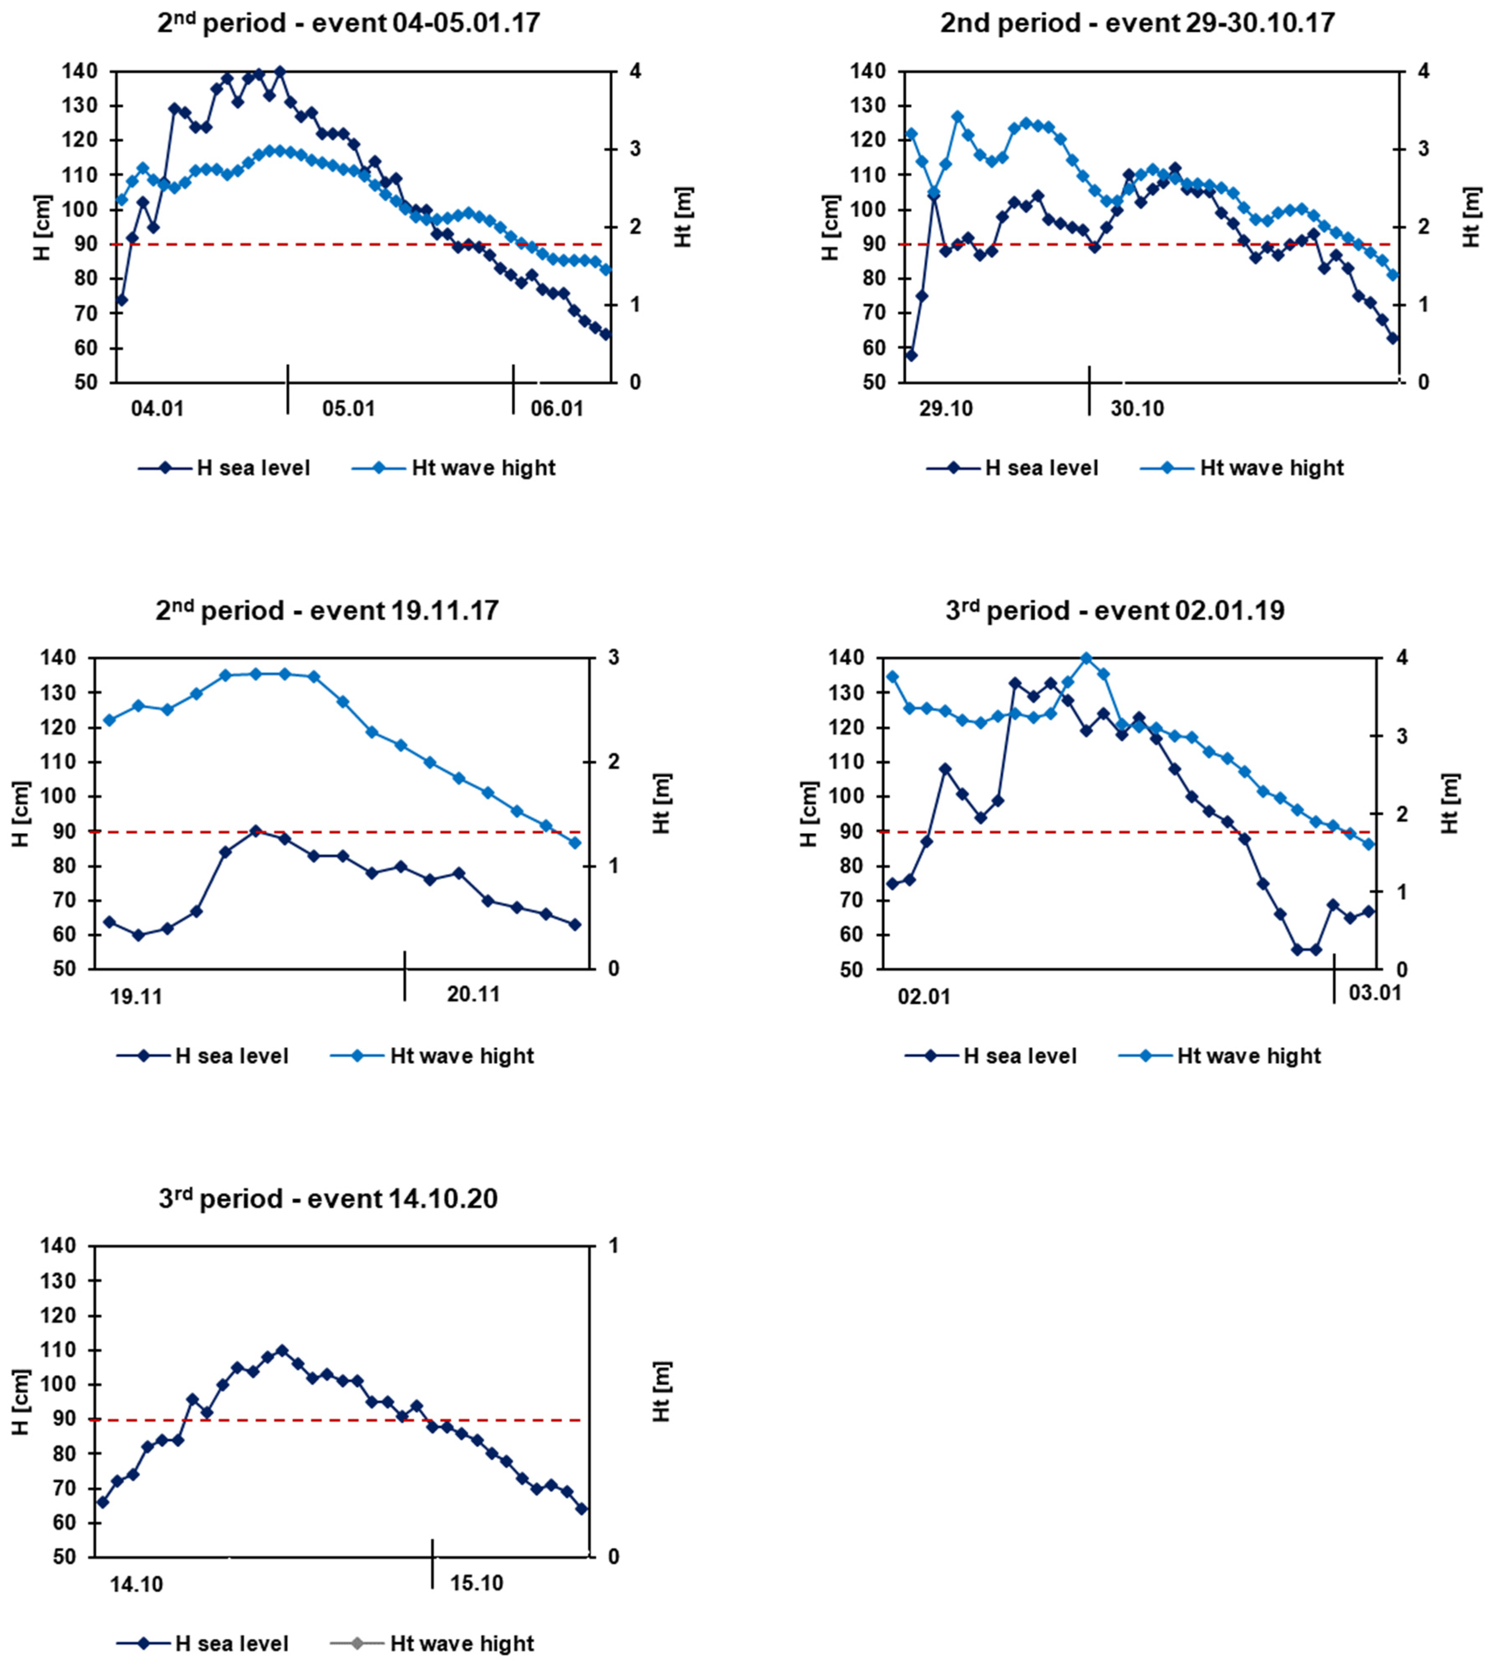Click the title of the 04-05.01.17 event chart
(x=349, y=23)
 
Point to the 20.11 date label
(x=474, y=995)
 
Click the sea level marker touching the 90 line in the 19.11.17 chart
(x=255, y=831)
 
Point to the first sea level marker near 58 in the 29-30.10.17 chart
(x=911, y=355)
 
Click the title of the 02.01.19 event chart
(x=1115, y=611)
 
